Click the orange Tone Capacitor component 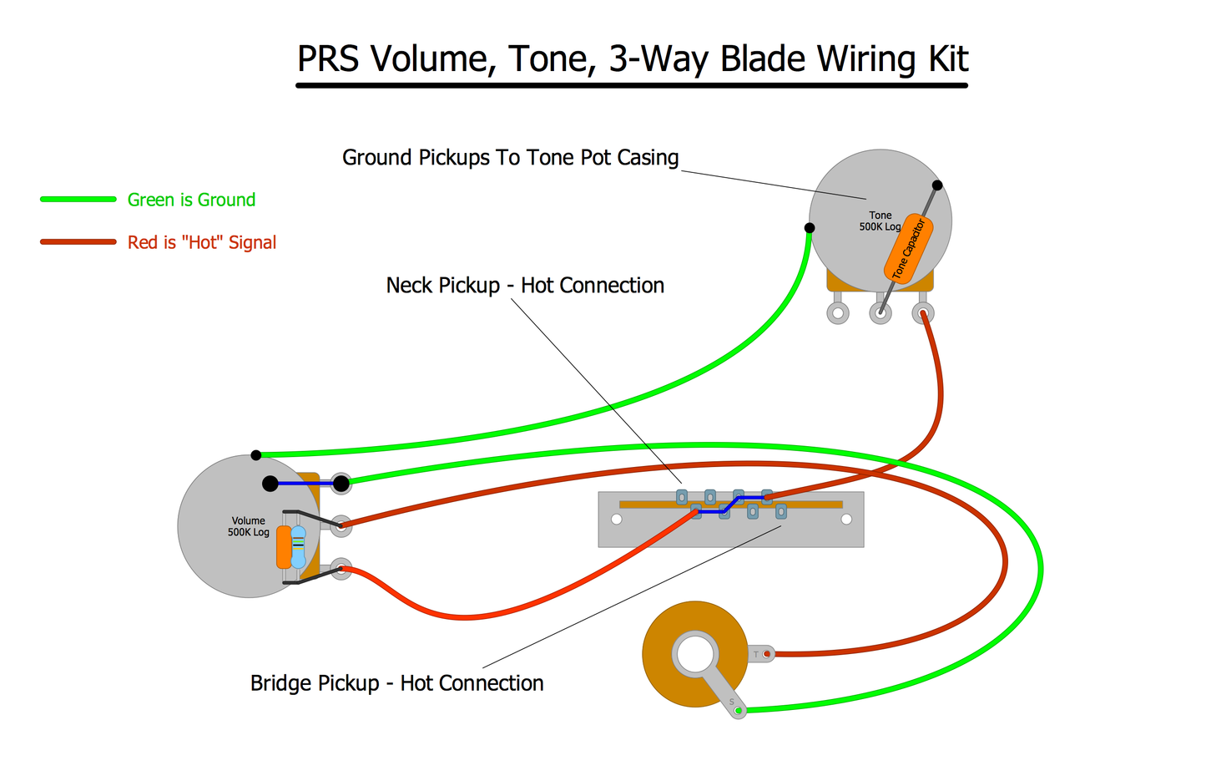coord(908,249)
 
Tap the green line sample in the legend coord(78,199)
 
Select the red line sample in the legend coord(78,242)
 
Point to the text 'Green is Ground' coord(191,200)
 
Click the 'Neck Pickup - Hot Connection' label coord(525,286)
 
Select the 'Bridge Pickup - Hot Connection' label coord(396,683)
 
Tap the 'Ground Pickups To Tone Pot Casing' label coord(510,158)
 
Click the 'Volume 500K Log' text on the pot coord(249,526)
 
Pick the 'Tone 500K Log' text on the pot coord(880,221)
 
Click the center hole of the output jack coord(695,653)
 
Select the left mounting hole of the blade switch coord(617,520)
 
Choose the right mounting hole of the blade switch coord(846,520)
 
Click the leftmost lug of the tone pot coord(838,313)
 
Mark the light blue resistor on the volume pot coord(298,547)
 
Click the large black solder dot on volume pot coord(270,484)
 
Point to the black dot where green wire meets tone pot coord(810,228)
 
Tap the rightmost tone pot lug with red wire coord(923,313)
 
